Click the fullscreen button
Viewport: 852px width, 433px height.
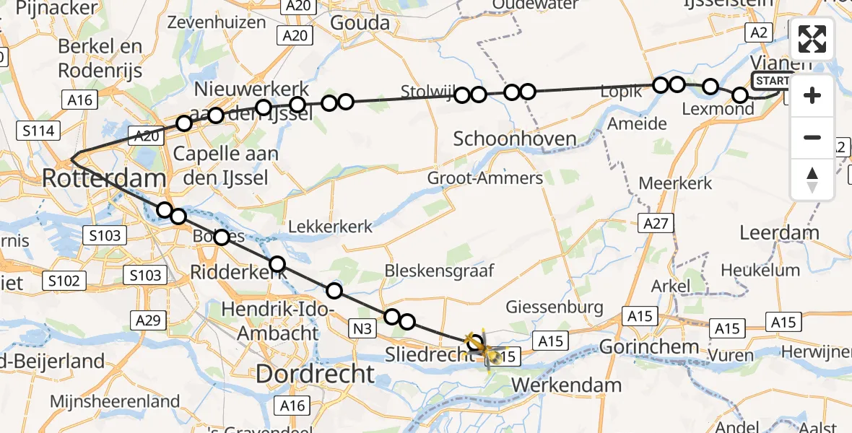coord(812,40)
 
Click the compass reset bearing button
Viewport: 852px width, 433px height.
coord(812,180)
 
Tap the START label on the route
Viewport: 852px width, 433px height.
coord(772,80)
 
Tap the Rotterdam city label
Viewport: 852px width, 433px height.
coord(104,177)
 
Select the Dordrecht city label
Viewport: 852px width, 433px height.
coord(316,373)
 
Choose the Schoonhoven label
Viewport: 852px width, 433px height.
coord(515,139)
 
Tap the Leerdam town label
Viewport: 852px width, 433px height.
coord(780,232)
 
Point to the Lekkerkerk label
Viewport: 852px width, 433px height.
coord(331,227)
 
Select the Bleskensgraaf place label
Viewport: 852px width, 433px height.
coord(439,271)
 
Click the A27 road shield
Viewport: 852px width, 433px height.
coord(656,224)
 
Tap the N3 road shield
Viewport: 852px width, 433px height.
coord(362,330)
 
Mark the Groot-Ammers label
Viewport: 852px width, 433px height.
coord(484,178)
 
